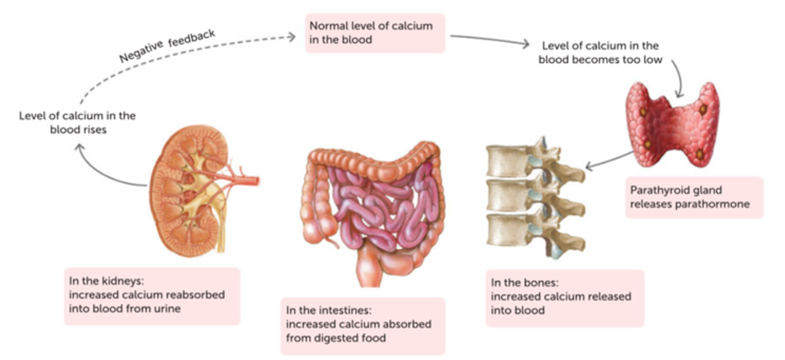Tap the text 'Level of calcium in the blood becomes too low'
tap(600, 53)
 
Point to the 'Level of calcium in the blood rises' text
tap(77, 122)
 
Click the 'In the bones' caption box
tap(564, 297)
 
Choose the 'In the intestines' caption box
tap(362, 325)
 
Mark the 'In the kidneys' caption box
tap(150, 295)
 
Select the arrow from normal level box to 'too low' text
tap(493, 39)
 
